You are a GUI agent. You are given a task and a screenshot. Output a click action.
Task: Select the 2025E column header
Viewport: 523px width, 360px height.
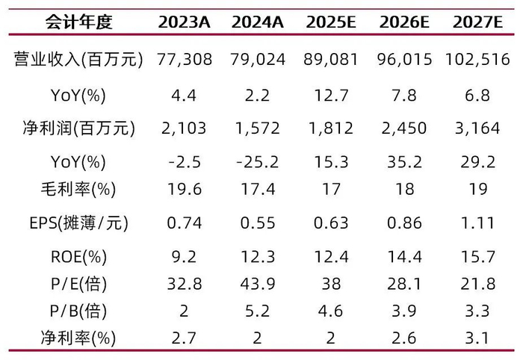(331, 22)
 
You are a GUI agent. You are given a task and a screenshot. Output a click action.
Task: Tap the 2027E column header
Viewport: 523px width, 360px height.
(477, 22)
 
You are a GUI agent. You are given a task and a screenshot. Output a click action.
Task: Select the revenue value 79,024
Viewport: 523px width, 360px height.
(258, 59)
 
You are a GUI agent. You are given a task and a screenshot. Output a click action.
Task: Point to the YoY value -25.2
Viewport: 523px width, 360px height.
(258, 162)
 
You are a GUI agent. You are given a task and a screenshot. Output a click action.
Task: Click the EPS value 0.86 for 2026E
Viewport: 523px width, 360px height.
(404, 222)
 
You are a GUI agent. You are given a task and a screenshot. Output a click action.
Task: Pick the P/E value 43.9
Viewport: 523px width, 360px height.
(258, 284)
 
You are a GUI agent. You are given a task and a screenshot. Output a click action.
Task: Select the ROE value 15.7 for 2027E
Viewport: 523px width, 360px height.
(477, 258)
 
